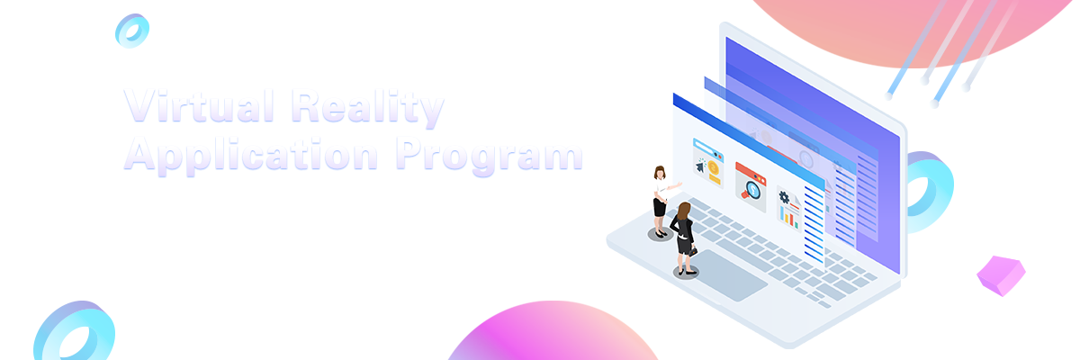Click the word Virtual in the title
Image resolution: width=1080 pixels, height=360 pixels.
199,106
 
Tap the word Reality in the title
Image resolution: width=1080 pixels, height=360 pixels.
367,108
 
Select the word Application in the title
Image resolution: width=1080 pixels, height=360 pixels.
251,155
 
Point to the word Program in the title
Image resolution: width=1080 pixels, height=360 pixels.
489,156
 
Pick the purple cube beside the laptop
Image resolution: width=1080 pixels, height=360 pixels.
1001,275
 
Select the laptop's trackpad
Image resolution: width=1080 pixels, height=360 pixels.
727,275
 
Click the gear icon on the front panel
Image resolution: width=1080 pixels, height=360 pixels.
784,197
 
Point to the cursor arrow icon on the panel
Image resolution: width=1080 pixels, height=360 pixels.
700,166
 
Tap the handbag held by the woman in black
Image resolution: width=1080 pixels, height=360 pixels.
693,252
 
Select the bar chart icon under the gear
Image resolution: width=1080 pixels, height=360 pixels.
789,218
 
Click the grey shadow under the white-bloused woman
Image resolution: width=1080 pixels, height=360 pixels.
660,235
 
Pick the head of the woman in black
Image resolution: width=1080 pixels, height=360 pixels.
684,211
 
